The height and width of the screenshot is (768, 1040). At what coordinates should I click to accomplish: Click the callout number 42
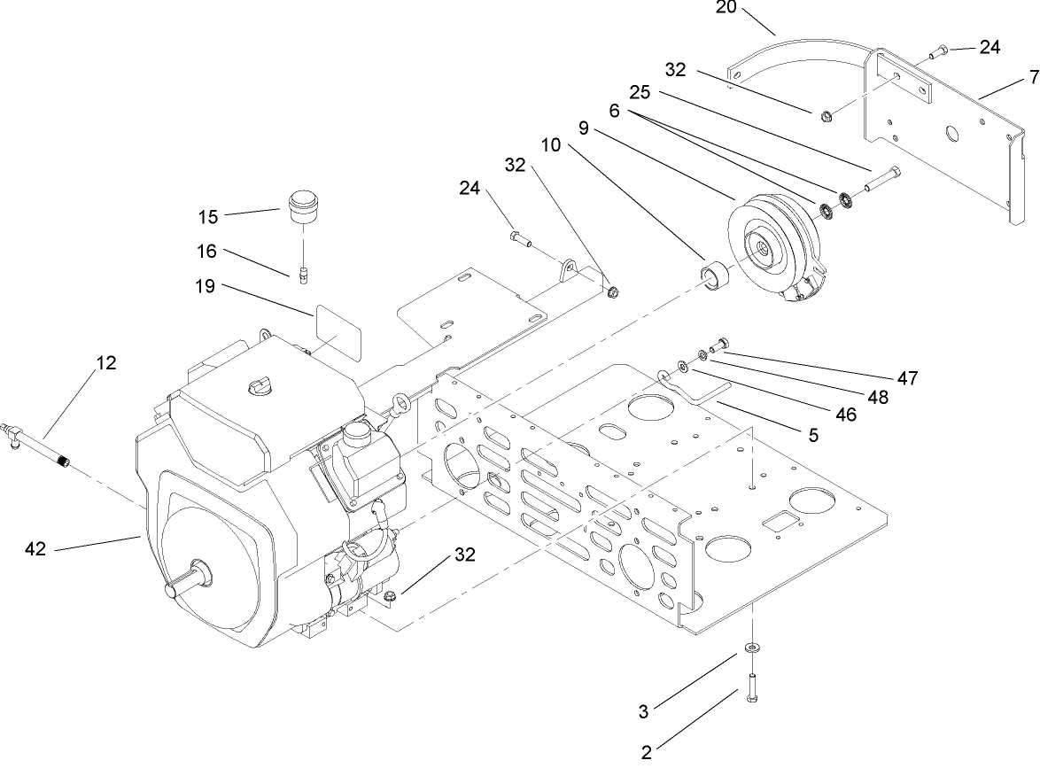tap(36, 549)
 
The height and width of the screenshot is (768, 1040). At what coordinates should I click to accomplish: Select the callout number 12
tap(106, 363)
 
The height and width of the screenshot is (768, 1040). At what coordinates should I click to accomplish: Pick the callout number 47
tap(906, 378)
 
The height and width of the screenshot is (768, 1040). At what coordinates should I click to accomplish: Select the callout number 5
tap(812, 435)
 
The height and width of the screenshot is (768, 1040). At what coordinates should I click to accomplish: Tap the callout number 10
tap(551, 144)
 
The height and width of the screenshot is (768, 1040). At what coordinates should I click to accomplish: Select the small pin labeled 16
tap(301, 275)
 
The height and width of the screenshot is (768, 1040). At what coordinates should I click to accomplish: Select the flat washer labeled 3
tap(752, 649)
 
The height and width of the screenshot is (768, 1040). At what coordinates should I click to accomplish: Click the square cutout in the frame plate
tap(781, 523)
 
